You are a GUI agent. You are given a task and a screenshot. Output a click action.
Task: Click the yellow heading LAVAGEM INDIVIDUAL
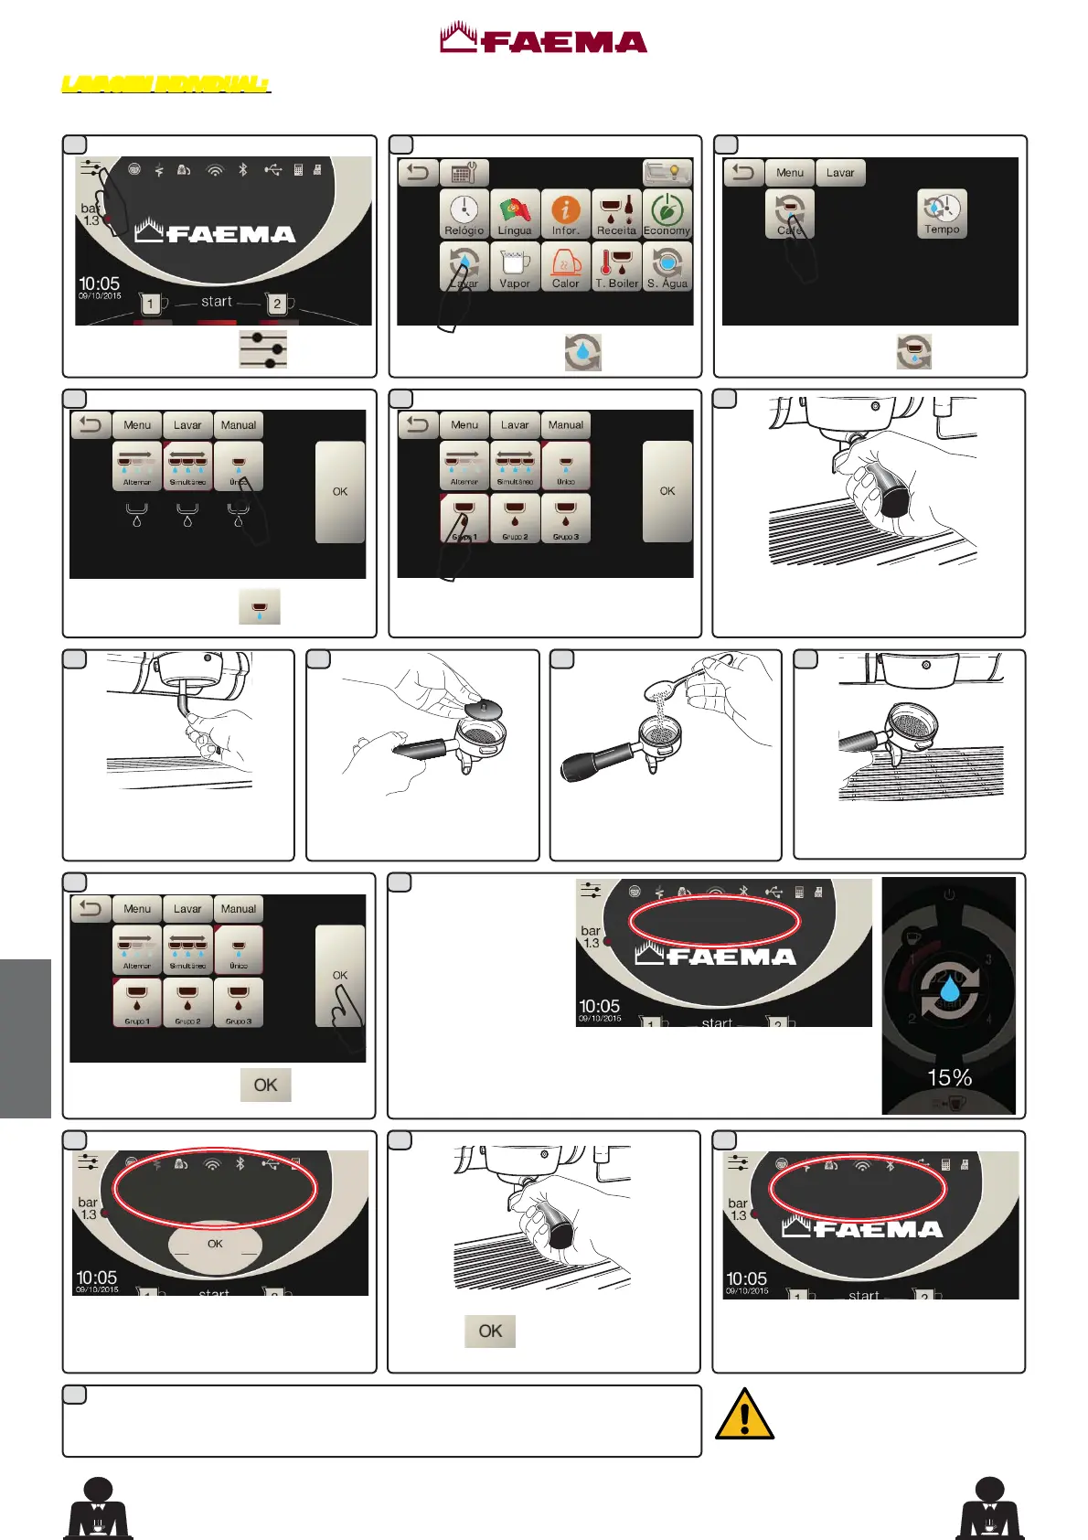pyautogui.click(x=165, y=84)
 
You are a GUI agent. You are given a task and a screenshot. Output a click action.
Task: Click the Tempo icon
pyautogui.click(x=942, y=214)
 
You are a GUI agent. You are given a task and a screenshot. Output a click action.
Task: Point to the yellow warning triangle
pyautogui.click(x=744, y=1415)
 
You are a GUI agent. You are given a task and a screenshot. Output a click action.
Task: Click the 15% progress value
pyautogui.click(x=949, y=1077)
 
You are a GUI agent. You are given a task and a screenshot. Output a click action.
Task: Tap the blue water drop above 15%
pyautogui.click(x=950, y=989)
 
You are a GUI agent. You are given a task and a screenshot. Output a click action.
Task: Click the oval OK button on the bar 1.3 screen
pyautogui.click(x=215, y=1244)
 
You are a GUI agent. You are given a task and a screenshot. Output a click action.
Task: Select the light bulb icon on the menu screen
pyautogui.click(x=667, y=172)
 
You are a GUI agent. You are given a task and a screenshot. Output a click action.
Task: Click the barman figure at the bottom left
pyautogui.click(x=98, y=1508)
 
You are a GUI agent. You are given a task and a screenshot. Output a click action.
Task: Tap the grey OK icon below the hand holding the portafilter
pyautogui.click(x=490, y=1331)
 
